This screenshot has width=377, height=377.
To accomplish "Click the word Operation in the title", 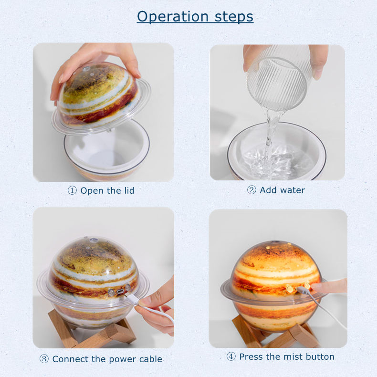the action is tap(173, 17).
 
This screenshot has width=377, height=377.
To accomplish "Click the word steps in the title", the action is tap(234, 17).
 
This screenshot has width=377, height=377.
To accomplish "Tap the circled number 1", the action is tap(72, 190).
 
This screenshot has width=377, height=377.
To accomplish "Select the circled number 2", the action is tap(251, 190).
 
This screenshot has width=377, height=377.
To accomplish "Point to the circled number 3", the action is tap(44, 359).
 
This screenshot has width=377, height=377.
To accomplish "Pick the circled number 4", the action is tap(231, 356).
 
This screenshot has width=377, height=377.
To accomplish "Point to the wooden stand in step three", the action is tap(93, 329).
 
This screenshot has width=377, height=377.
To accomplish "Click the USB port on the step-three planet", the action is tap(120, 292).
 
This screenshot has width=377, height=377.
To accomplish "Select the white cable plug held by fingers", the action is tap(132, 300).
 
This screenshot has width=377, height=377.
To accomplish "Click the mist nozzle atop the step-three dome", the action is tap(94, 240).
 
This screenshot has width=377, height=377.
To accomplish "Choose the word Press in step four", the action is tap(250, 356).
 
